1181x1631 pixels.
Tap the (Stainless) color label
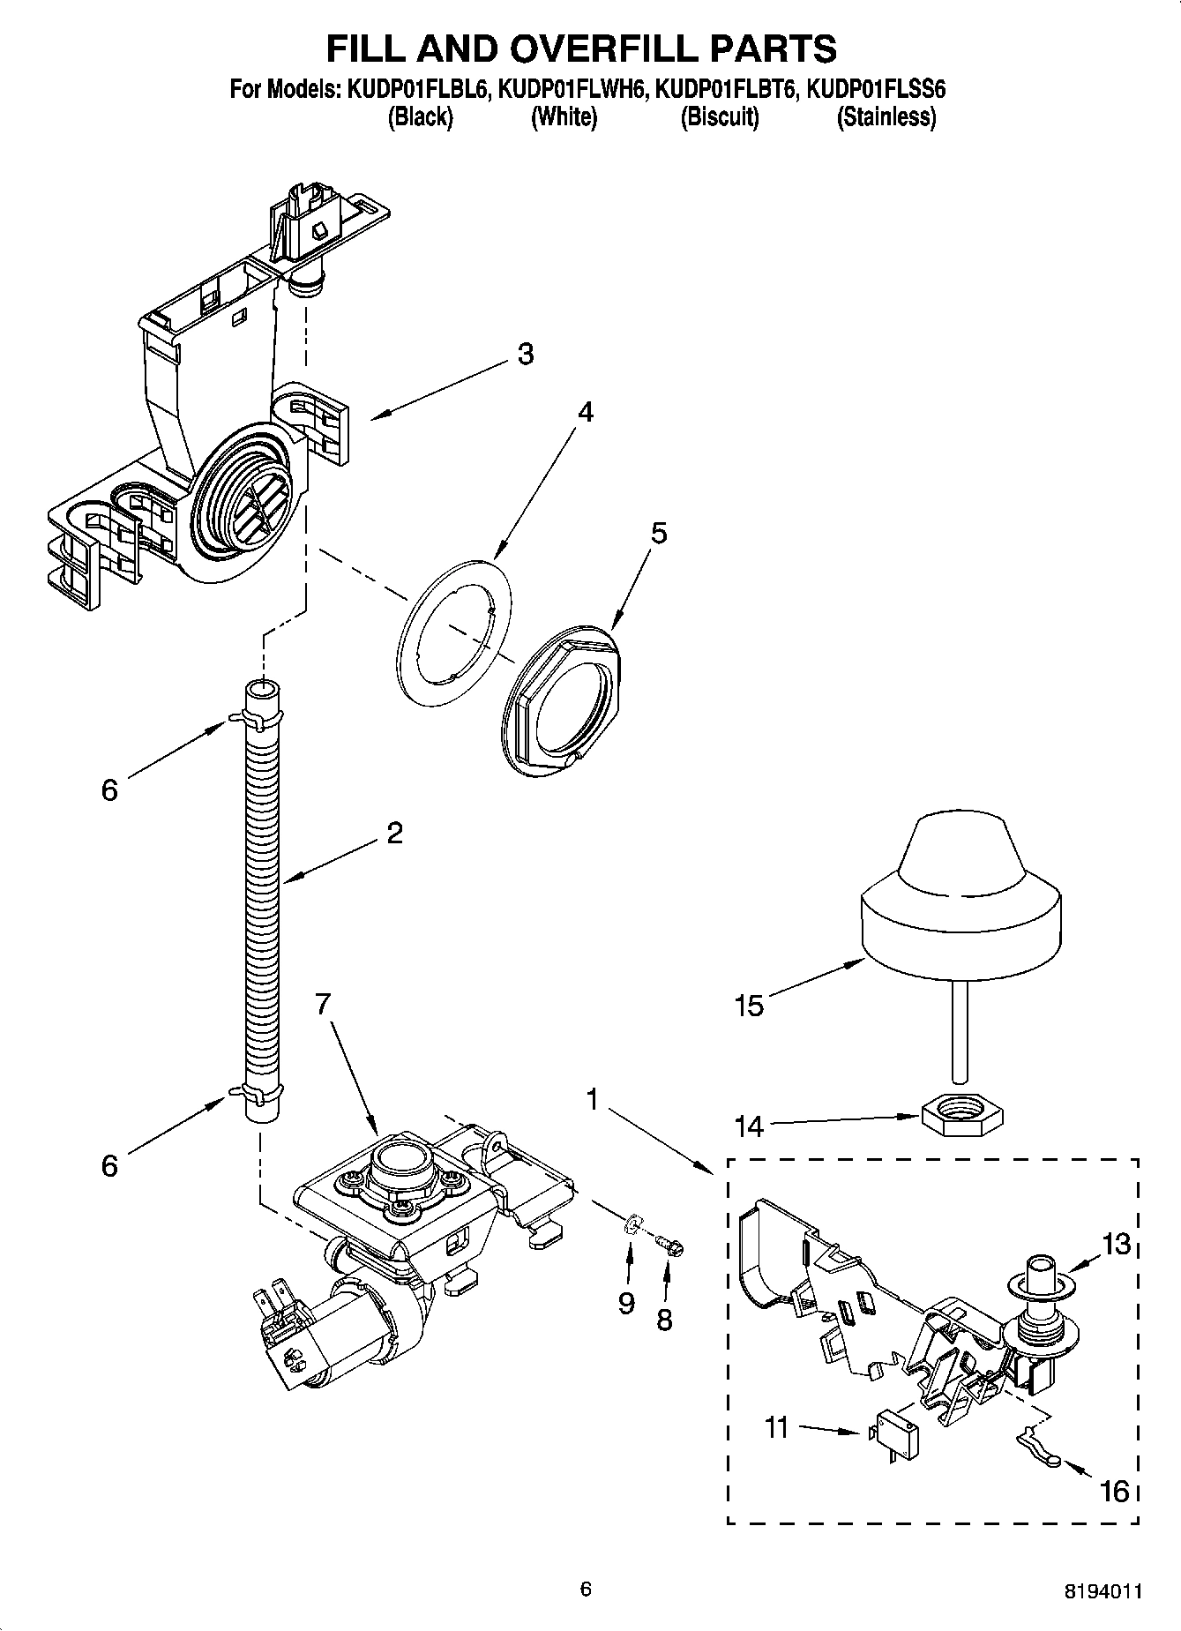pos(886,116)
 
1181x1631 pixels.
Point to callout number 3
pos(525,354)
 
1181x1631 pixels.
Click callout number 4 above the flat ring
pos(585,412)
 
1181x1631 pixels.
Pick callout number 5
pos(659,533)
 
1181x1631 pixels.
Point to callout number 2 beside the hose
pos(394,832)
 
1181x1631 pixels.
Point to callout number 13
pos(1115,1245)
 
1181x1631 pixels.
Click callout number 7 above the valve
pos(323,1003)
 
